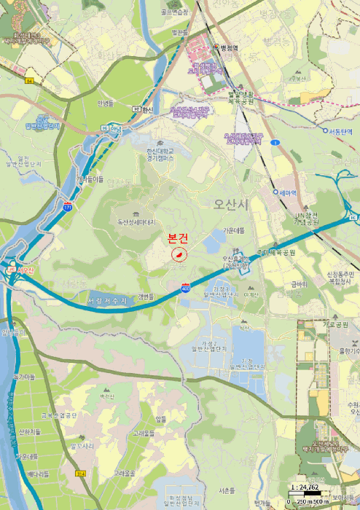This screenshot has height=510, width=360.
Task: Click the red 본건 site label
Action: [178, 238]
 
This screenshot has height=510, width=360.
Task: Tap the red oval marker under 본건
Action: [178, 254]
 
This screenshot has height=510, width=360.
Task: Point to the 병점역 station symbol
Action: [216, 47]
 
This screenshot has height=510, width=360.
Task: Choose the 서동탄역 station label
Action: [339, 131]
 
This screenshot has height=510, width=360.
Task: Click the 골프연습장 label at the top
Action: [174, 12]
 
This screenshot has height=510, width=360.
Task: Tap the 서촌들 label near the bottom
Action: [227, 490]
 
